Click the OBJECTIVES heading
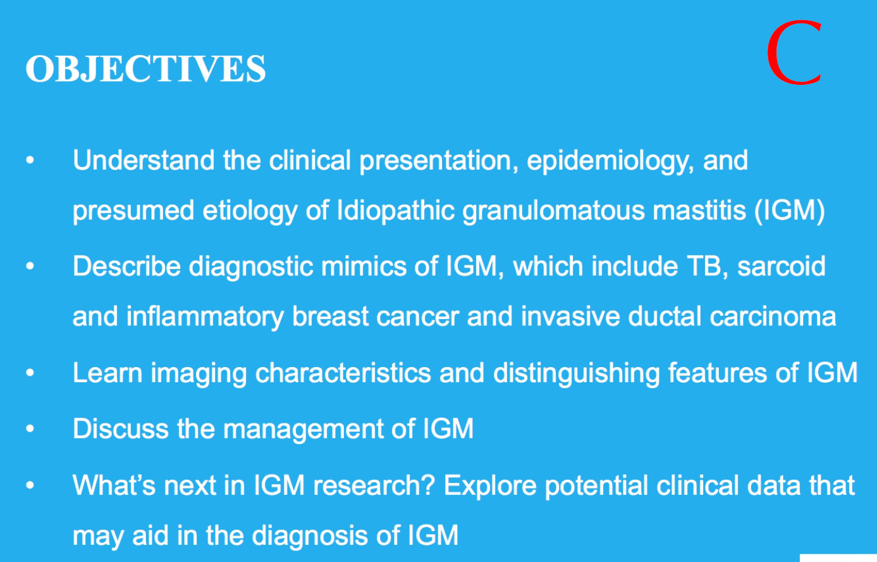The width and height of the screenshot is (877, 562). click(x=145, y=69)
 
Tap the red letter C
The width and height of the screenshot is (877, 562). click(x=794, y=53)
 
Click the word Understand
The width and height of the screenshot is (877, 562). click(x=144, y=160)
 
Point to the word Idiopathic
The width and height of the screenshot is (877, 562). click(x=395, y=211)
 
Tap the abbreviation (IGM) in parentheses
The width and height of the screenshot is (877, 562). click(x=790, y=211)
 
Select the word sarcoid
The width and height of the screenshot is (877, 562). click(x=782, y=266)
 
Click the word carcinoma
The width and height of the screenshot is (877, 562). click(x=773, y=316)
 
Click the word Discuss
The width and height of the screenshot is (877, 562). click(x=121, y=428)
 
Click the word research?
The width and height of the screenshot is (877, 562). click(x=374, y=485)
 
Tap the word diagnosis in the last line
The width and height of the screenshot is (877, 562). click(x=310, y=537)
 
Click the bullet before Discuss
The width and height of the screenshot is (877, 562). click(x=30, y=428)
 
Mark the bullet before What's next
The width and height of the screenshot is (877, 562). click(x=30, y=485)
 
